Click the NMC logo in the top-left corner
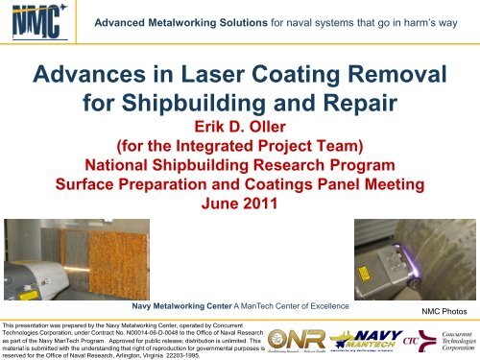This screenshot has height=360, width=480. pyautogui.click(x=35, y=20)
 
